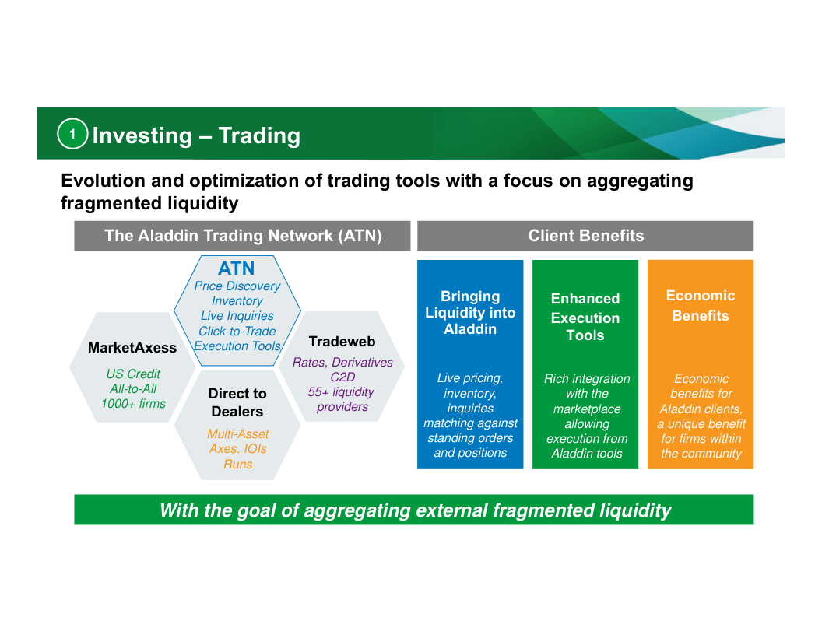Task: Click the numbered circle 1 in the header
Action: tap(72, 134)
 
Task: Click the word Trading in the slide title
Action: tap(259, 135)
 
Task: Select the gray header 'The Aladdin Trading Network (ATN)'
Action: tap(242, 236)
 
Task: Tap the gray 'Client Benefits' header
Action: tap(585, 236)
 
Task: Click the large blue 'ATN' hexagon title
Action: tap(237, 268)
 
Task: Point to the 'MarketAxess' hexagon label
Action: tap(132, 348)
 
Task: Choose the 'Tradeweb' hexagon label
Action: tap(342, 342)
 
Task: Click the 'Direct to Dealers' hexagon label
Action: tap(237, 402)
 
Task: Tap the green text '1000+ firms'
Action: tap(133, 404)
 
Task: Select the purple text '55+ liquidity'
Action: tap(341, 392)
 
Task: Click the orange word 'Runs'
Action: tap(237, 465)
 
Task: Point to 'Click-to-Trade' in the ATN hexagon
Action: tap(237, 332)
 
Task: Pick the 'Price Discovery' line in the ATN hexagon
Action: tap(237, 286)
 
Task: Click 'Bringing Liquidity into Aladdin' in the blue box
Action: tap(470, 313)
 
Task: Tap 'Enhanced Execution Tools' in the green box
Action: tap(585, 317)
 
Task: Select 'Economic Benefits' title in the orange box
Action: tap(701, 306)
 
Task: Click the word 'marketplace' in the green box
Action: tap(587, 409)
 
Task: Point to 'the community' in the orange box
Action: tap(701, 454)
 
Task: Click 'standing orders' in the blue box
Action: tap(470, 438)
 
